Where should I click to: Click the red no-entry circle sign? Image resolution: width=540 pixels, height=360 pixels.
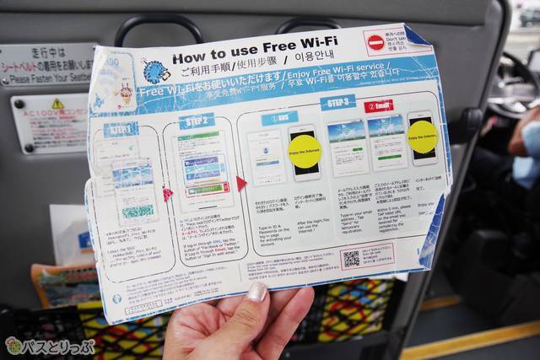click(375, 42)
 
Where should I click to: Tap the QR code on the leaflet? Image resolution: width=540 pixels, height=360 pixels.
click(351, 258)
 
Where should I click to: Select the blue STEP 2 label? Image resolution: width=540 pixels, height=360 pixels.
click(196, 121)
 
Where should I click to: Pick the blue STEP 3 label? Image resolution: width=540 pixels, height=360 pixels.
click(337, 103)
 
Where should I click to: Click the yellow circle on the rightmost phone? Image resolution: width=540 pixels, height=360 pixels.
click(422, 137)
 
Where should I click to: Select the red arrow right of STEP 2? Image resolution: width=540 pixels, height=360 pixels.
click(242, 183)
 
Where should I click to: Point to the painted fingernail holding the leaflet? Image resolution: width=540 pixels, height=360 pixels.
click(256, 293)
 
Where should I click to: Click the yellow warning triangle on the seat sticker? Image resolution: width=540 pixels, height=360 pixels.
click(57, 104)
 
